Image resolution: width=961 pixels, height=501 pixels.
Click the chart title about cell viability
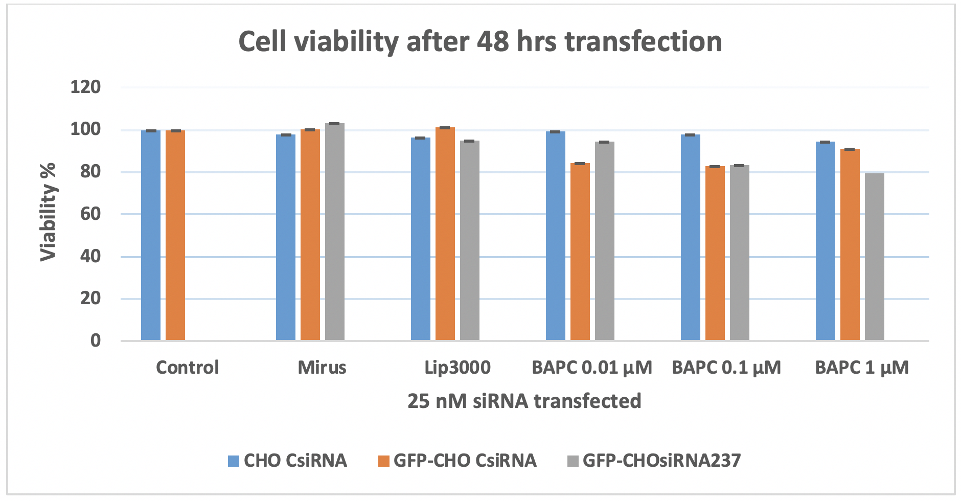coord(480,41)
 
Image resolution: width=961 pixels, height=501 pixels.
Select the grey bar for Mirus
coord(335,233)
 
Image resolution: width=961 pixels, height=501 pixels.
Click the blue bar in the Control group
coord(151,235)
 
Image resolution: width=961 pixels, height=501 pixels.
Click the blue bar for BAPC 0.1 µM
coord(691,238)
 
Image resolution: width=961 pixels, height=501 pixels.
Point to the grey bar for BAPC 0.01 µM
coord(605,241)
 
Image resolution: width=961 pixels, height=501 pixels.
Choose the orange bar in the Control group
coord(175,235)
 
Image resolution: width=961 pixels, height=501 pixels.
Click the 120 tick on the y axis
coord(85,87)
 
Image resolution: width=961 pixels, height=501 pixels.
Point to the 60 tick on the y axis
coord(90,214)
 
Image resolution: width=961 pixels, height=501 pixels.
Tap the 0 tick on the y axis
coord(96,340)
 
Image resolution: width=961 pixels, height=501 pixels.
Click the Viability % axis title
coord(49,212)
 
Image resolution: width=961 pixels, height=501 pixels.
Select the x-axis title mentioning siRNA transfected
coord(524,401)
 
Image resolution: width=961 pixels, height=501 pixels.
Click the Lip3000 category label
coord(457,368)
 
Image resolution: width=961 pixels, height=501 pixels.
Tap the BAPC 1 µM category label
coord(862,368)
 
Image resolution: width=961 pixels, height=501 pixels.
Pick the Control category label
coord(187,368)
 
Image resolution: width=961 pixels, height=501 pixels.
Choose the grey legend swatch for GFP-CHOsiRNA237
coord(573,461)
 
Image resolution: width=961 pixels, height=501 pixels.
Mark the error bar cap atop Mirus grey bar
coord(335,124)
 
